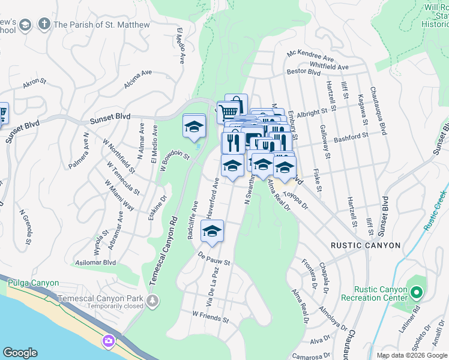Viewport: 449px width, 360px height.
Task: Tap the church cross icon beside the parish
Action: point(44,25)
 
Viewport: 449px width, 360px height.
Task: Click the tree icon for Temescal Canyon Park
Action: point(154,299)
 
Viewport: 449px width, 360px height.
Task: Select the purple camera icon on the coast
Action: point(108,341)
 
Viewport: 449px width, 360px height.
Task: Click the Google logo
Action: point(20,353)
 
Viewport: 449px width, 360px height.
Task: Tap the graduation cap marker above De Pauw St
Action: point(212,231)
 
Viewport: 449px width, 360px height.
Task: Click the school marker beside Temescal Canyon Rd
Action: point(194,127)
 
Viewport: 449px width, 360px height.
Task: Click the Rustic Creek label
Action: point(435,211)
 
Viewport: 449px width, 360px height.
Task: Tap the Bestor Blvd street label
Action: point(304,71)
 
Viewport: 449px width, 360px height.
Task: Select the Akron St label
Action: point(34,82)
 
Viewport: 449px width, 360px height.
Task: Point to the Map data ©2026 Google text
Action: point(411,355)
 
